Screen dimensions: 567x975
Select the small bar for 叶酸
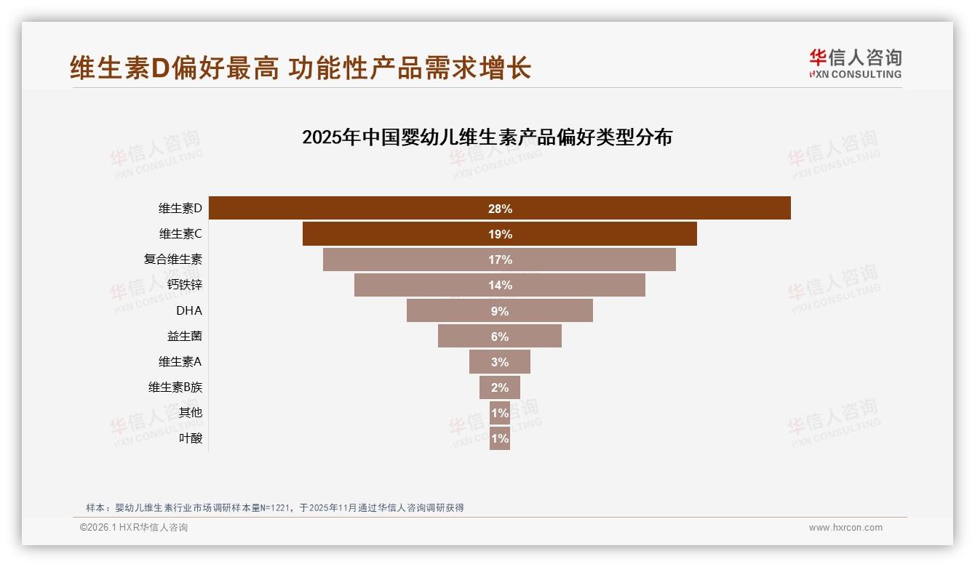pyautogui.click(x=500, y=438)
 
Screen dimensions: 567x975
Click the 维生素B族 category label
pyautogui.click(x=175, y=387)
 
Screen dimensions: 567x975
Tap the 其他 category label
pyautogui.click(x=191, y=413)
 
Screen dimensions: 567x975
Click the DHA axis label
pyautogui.click(x=189, y=310)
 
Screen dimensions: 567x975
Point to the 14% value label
pyautogui.click(x=500, y=285)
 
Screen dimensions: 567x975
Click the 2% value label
pyautogui.click(x=500, y=387)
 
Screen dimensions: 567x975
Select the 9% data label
pyautogui.click(x=500, y=311)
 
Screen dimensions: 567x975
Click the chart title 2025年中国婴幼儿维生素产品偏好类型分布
pyautogui.click(x=487, y=137)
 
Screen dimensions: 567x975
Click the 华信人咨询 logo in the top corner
pyautogui.click(x=855, y=64)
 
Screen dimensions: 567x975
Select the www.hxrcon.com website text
pyautogui.click(x=845, y=528)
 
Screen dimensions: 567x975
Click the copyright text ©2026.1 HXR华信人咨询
pyautogui.click(x=134, y=528)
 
